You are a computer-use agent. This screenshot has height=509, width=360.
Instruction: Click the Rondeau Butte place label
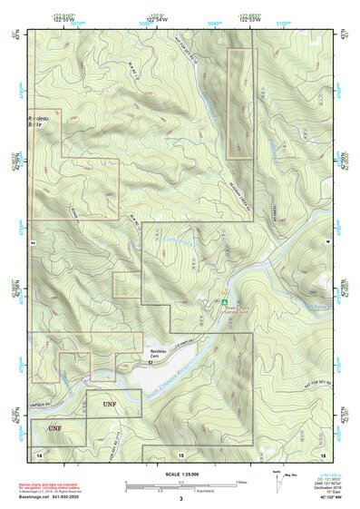[42, 122]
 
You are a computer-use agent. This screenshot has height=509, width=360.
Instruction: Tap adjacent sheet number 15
[180, 452]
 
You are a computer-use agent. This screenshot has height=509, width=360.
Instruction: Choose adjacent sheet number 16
[322, 452]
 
